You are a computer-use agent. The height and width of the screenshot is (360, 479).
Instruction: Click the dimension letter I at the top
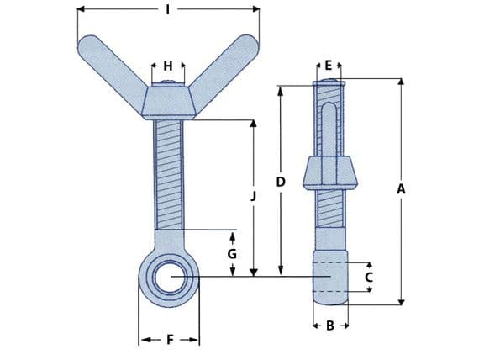[x=168, y=9]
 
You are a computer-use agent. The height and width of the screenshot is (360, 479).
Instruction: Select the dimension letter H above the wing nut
[x=168, y=65]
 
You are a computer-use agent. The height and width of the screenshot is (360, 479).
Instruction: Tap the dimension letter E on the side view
[x=329, y=65]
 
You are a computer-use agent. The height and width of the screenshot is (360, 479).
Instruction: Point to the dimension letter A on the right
[x=401, y=190]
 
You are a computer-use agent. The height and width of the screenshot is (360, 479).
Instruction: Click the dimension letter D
[x=281, y=182]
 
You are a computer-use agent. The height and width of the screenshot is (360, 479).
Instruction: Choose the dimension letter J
[x=253, y=195]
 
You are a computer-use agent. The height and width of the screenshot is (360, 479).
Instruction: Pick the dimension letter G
[x=232, y=253]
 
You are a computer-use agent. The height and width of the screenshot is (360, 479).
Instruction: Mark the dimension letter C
[x=367, y=276]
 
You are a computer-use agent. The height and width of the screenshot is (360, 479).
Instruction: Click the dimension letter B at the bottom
[x=330, y=325]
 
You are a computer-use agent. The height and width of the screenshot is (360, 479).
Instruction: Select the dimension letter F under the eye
[x=169, y=340]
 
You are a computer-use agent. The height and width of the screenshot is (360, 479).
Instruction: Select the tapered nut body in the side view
[x=330, y=173]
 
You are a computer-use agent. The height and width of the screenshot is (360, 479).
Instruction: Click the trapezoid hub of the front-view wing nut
[x=169, y=102]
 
